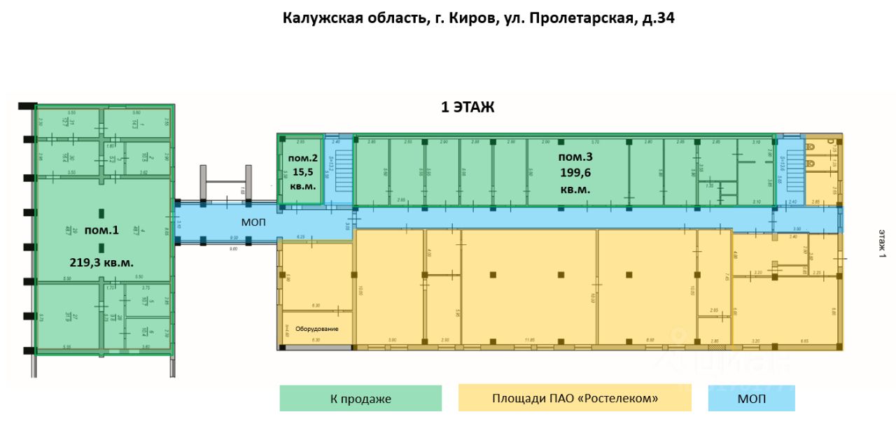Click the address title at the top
[x=479, y=18]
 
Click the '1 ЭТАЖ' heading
[x=467, y=107]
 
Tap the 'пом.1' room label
[x=101, y=230]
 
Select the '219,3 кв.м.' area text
[x=101, y=262]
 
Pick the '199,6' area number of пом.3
[x=575, y=173]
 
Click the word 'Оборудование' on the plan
[x=316, y=328]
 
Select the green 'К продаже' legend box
[x=360, y=399]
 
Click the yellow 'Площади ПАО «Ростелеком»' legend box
[x=575, y=399]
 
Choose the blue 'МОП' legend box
[x=752, y=399]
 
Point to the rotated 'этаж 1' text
[x=882, y=243]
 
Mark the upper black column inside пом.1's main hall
[x=102, y=213]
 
